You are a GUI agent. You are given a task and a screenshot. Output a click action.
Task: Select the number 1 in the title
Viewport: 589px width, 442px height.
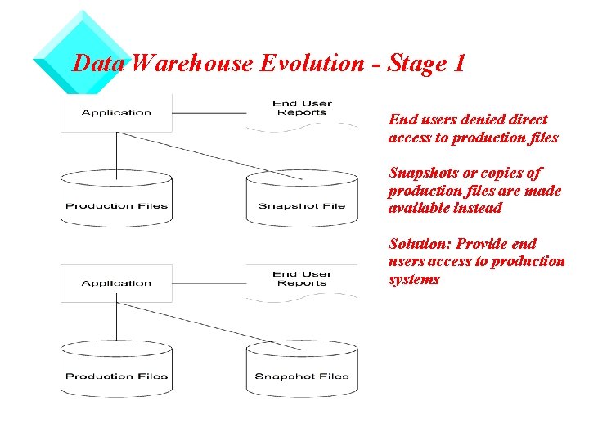click(x=458, y=64)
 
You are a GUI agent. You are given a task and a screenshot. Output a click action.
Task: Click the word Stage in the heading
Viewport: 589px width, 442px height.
click(x=413, y=64)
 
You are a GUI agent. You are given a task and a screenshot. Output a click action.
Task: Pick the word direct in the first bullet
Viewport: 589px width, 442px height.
click(x=528, y=120)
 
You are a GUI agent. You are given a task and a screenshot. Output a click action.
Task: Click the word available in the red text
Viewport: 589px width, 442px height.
click(x=416, y=208)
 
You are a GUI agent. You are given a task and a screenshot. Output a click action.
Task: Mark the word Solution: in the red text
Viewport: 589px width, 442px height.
click(x=420, y=244)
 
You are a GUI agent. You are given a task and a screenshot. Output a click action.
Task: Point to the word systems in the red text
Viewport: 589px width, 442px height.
click(x=414, y=279)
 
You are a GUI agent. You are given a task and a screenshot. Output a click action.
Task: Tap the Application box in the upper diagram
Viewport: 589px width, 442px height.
click(x=116, y=113)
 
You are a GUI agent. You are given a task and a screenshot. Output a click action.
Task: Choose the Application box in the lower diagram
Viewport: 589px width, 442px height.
click(x=116, y=283)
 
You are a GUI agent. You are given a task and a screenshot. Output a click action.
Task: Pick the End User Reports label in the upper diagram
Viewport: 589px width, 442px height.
click(x=302, y=108)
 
